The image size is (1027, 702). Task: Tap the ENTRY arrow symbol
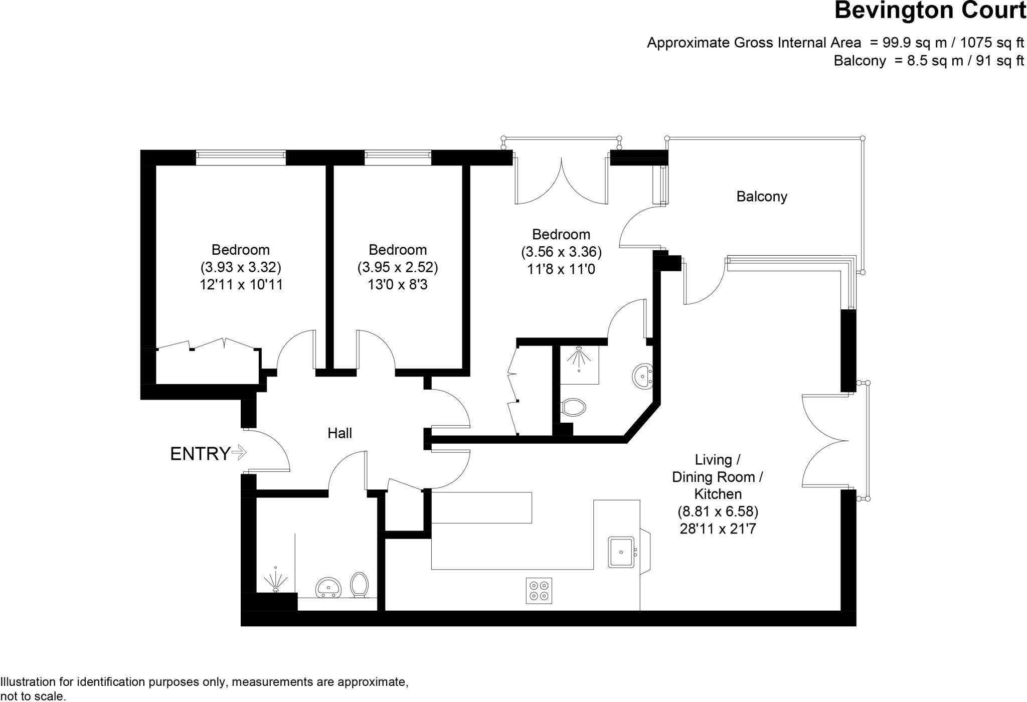(239, 453)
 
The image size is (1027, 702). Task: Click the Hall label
(339, 433)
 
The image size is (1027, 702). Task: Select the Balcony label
(761, 197)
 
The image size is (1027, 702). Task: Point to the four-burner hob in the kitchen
(539, 591)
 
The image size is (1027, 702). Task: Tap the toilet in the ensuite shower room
(574, 407)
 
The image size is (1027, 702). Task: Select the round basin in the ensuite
(642, 376)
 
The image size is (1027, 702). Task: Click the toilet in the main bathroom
(359, 585)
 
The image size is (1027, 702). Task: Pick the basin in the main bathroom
(328, 587)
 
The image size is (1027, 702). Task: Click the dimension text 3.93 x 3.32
(241, 267)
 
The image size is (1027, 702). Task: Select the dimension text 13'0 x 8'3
(398, 285)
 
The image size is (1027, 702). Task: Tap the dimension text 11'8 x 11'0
(561, 269)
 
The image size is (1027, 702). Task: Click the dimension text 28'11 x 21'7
(718, 529)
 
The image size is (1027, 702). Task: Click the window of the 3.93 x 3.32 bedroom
(241, 157)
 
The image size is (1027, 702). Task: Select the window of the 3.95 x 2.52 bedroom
(398, 157)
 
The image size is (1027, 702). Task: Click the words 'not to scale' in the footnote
(33, 696)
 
